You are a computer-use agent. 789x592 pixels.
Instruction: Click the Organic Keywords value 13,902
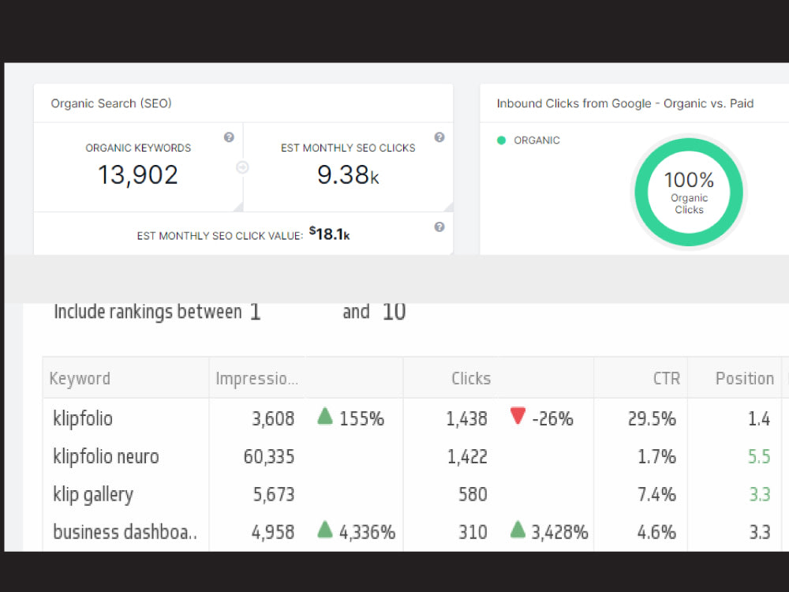coord(138,175)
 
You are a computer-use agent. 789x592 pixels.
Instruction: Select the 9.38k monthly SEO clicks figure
coord(348,175)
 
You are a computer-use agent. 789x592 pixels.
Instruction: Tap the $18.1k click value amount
coord(330,234)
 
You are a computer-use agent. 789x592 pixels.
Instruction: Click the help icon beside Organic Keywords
coord(229,137)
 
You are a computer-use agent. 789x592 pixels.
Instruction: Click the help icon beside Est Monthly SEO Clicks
coord(439,137)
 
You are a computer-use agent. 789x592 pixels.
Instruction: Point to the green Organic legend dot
coord(501,141)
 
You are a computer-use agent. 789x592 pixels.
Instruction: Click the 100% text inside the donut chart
coord(689,180)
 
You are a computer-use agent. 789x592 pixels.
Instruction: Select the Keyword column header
coord(80,378)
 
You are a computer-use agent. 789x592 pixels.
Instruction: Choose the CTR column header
coord(667,378)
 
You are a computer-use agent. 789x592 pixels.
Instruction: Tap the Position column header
coord(745,378)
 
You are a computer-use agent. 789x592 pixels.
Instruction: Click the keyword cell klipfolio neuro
coord(106,456)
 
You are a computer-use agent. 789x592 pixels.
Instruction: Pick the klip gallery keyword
coord(93,494)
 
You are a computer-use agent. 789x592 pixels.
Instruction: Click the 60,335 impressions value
coord(269,456)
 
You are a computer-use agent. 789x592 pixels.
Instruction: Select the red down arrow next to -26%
coord(518,416)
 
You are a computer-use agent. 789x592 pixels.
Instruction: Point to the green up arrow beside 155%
coord(325,416)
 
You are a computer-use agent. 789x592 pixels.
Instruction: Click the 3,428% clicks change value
coord(559,532)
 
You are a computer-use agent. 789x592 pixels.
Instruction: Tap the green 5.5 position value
coord(759,456)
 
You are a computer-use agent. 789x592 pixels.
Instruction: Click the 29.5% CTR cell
coord(652,419)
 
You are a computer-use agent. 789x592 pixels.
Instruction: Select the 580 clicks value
coord(473,494)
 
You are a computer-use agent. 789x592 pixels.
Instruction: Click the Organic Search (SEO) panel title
coord(111,103)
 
